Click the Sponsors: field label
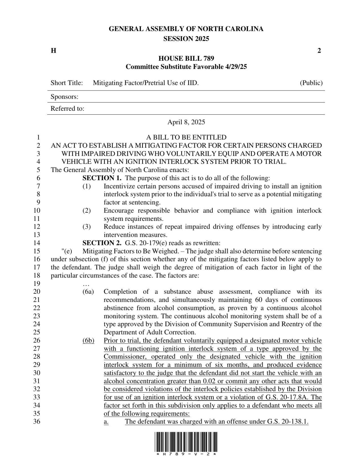64,97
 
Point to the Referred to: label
67,109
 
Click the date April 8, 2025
186,122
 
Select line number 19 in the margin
37,284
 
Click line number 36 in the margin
37,422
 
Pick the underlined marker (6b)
88,341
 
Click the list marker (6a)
88,292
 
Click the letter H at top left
53,51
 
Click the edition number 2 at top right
319,51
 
